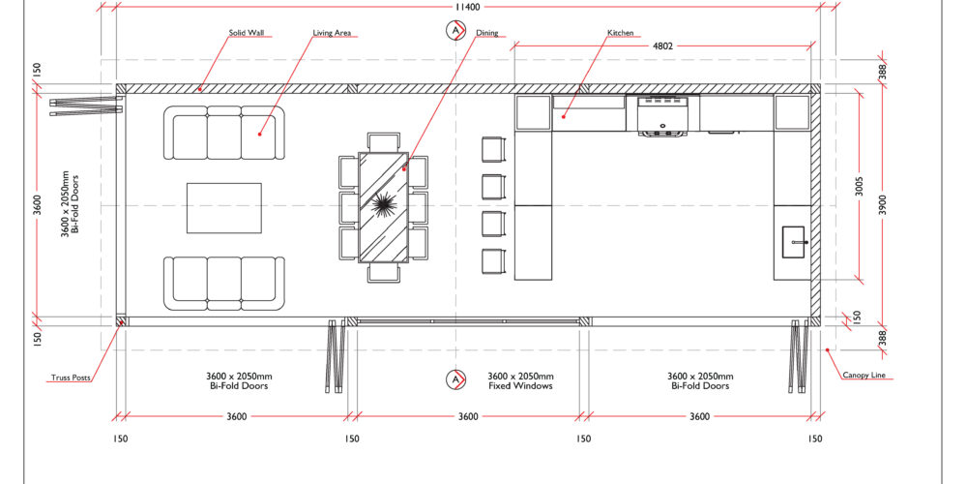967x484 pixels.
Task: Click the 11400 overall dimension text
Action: [468, 7]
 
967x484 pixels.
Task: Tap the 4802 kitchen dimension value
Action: [662, 45]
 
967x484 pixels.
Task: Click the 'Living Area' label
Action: [332, 33]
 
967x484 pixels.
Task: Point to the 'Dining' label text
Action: [487, 33]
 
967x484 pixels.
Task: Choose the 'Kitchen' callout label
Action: [621, 33]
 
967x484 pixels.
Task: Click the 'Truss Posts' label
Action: [71, 378]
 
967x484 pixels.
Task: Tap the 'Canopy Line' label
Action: [867, 375]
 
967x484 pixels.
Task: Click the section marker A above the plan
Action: [455, 30]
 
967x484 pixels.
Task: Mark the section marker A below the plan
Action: [455, 379]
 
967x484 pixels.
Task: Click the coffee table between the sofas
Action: [224, 207]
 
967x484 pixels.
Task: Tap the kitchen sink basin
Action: [794, 241]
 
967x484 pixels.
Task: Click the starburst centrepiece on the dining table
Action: [383, 203]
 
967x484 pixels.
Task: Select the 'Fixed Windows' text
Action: [520, 386]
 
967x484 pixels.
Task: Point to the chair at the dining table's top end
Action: [384, 141]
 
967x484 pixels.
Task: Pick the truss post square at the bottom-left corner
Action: [121, 321]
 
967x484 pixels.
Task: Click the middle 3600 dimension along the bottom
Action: [467, 416]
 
